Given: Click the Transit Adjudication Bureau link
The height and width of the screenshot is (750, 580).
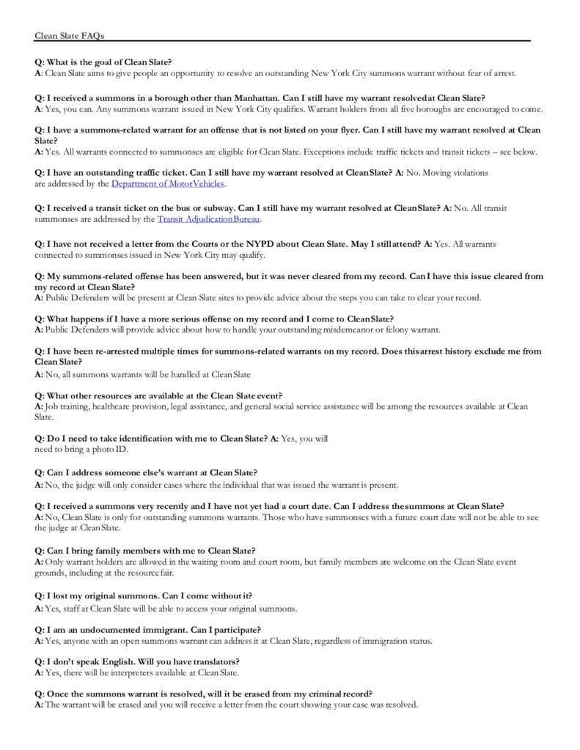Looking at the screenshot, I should coord(208,219).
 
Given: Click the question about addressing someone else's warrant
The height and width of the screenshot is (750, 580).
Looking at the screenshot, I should coord(146,472).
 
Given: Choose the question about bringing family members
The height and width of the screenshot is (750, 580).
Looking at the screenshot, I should coord(144,551).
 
